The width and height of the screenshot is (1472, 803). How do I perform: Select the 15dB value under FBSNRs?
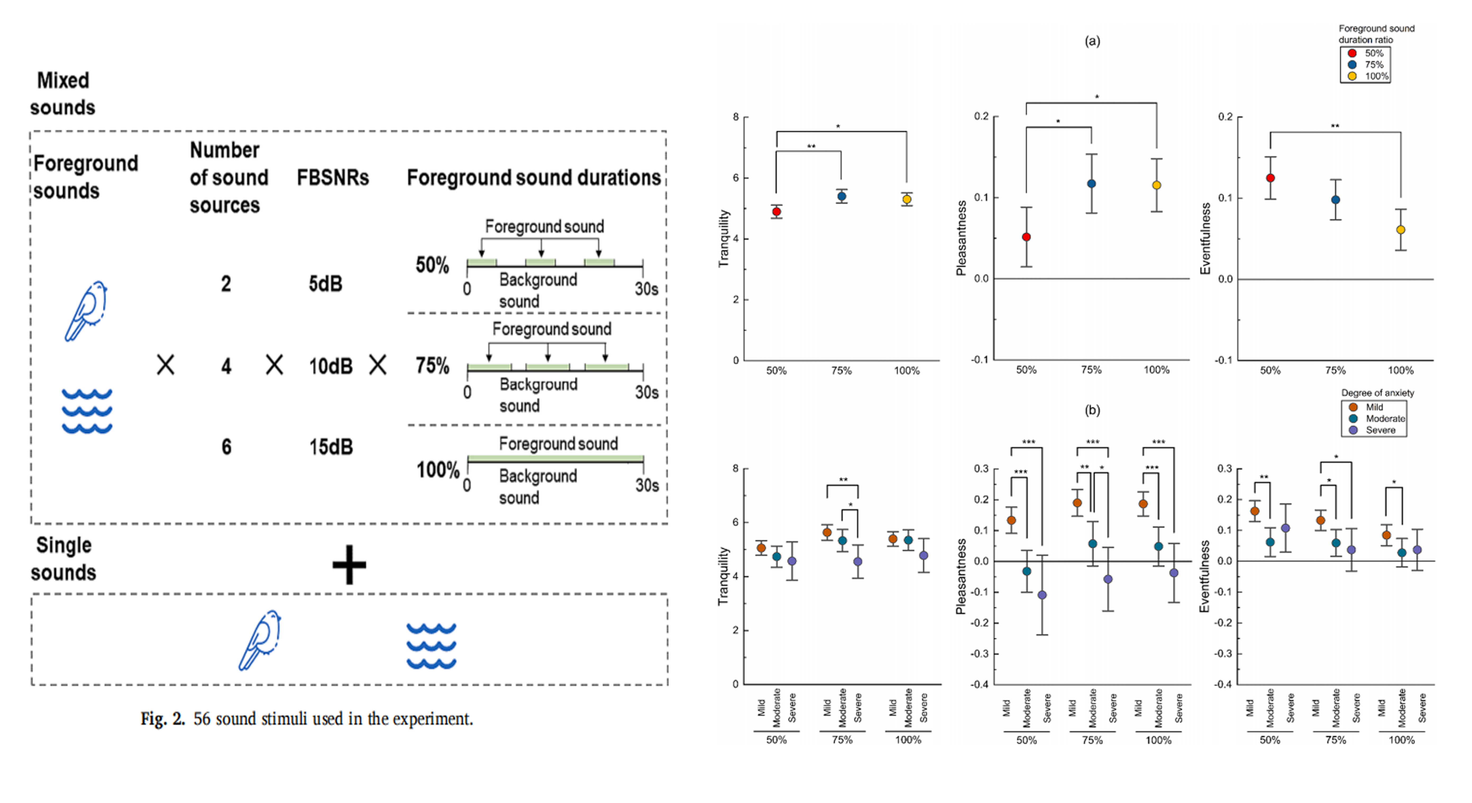(331, 447)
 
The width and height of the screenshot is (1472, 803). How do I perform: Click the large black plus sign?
(349, 565)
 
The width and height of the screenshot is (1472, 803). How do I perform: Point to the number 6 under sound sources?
(226, 447)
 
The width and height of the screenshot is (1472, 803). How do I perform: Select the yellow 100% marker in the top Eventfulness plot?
(1401, 230)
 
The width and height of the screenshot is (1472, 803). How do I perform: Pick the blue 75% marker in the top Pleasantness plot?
(1091, 184)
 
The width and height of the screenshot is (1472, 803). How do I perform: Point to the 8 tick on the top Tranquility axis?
(736, 117)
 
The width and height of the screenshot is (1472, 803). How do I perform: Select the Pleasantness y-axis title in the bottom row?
(961, 576)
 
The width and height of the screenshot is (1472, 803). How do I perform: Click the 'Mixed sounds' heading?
(63, 94)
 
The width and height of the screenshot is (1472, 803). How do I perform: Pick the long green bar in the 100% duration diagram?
(555, 458)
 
